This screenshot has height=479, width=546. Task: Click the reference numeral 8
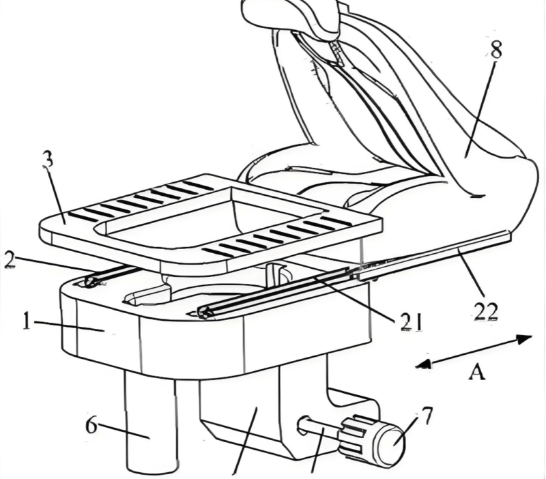496,50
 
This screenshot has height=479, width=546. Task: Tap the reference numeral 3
48,160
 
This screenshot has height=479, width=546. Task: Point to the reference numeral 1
27,321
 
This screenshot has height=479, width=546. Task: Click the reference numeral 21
411,321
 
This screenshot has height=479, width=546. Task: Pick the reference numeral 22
486,312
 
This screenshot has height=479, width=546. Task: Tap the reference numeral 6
91,425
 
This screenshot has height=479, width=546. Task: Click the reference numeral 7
426,415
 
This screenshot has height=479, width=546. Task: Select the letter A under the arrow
476,372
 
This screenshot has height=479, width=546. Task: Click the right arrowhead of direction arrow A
524,338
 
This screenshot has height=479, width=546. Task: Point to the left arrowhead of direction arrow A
423,364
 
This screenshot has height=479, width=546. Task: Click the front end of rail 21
205,312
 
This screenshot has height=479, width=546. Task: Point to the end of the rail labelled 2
90,281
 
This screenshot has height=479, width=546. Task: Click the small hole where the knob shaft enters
302,424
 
